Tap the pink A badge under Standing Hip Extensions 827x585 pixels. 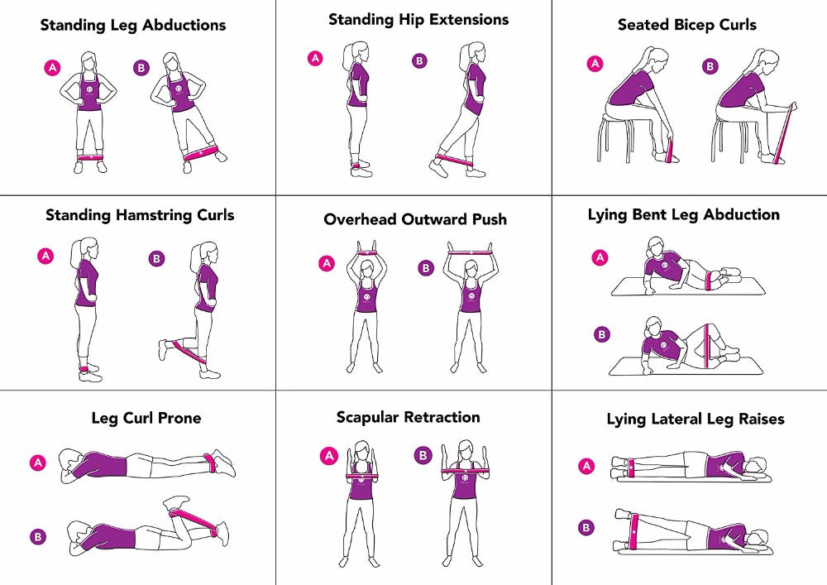pyautogui.click(x=315, y=58)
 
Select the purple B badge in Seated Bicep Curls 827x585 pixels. pyautogui.click(x=710, y=65)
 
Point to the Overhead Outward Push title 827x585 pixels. pyautogui.click(x=414, y=219)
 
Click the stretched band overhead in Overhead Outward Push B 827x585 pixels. pyautogui.click(x=470, y=248)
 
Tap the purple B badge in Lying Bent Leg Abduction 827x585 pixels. pyautogui.click(x=602, y=334)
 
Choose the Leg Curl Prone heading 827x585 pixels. pyautogui.click(x=146, y=418)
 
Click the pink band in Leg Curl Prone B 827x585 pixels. pyautogui.click(x=196, y=522)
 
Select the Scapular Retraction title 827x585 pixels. pyautogui.click(x=408, y=417)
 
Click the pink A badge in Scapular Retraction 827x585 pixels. pyautogui.click(x=329, y=455)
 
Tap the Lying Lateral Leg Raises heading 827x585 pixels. pyautogui.click(x=695, y=420)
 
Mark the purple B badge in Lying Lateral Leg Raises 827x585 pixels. pyautogui.click(x=586, y=527)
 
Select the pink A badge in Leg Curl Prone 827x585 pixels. pyautogui.click(x=37, y=463)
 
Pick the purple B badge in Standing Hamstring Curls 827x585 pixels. pyautogui.click(x=156, y=259)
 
